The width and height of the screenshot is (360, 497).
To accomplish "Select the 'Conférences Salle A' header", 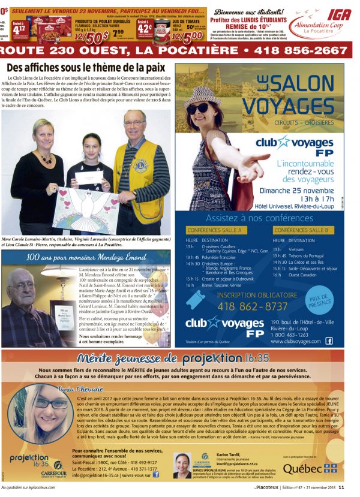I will [214, 230].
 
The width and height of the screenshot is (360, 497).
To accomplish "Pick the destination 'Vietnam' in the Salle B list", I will [296, 248].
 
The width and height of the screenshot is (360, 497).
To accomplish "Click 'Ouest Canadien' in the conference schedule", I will [304, 275].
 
